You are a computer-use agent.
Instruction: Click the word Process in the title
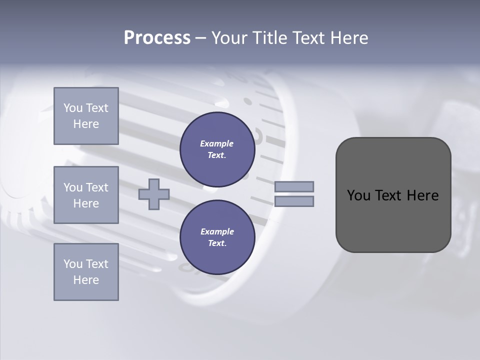[x=157, y=38]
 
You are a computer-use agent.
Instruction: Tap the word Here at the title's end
[x=348, y=38]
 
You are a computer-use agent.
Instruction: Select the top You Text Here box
[x=86, y=116]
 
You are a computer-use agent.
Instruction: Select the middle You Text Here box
[x=86, y=195]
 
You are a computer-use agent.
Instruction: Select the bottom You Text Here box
[x=86, y=272]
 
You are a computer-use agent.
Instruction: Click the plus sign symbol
[x=154, y=194]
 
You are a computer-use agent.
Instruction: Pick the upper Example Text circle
[x=217, y=149]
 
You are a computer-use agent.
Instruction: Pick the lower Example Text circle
[x=217, y=237]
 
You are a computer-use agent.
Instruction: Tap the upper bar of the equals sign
[x=294, y=186]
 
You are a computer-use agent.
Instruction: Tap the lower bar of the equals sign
[x=294, y=201]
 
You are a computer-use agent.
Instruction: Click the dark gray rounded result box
[x=393, y=220]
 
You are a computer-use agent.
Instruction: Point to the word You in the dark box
[x=358, y=195]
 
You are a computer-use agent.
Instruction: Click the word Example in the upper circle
[x=217, y=143]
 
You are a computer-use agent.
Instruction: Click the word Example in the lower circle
[x=217, y=231]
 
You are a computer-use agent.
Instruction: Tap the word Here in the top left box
[x=86, y=124]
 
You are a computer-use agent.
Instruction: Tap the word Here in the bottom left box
[x=86, y=280]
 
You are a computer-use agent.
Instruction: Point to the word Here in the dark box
[x=422, y=195]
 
